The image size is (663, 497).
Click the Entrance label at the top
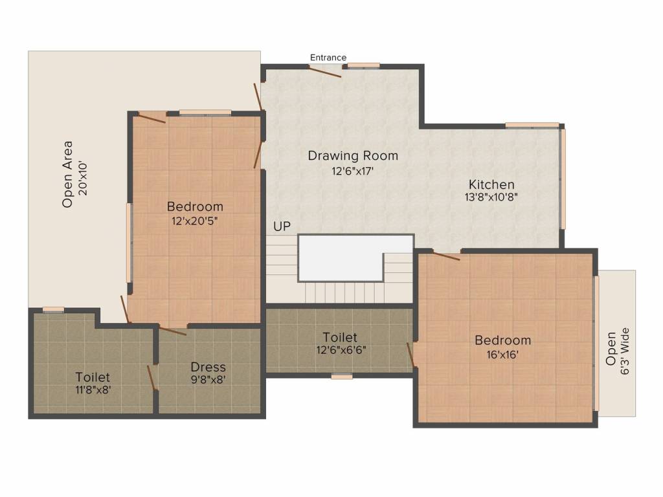coord(328,58)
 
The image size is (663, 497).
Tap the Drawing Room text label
coord(353,156)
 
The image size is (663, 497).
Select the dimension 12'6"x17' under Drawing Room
coord(353,171)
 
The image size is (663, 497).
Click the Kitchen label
coord(491,184)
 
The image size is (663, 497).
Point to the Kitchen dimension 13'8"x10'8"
coord(491,197)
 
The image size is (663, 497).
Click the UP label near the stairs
coord(282,226)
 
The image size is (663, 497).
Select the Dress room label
coord(208,368)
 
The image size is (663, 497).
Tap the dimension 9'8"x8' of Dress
coord(208,380)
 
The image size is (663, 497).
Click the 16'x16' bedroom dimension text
coord(502,355)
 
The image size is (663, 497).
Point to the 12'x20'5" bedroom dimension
coord(195,220)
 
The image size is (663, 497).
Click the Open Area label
coord(67,175)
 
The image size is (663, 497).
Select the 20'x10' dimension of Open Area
coord(82,175)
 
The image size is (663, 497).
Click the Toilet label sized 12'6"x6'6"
coord(340,338)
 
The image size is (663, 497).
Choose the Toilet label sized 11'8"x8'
coord(93,377)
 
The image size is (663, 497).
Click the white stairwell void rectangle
coord(355,258)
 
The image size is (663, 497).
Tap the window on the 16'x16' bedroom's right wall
coord(596,343)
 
